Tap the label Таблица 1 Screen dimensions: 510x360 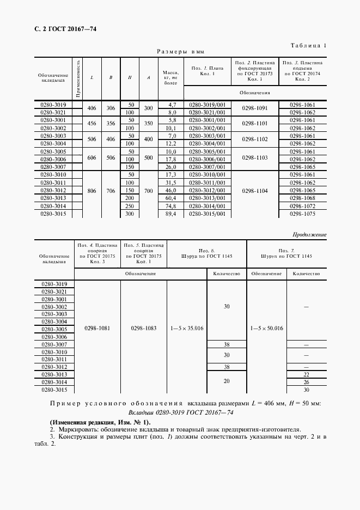coord(309,46)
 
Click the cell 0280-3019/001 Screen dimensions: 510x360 coord(206,104)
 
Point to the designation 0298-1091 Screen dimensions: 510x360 coord(255,108)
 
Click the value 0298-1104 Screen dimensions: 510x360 coord(255,191)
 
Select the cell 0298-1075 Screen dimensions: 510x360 coord(302,214)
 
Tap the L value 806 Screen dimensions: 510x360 coord(91,191)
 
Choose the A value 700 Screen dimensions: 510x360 coord(148,191)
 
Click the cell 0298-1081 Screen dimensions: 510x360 coord(97,329)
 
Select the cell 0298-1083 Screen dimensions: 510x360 coord(144,329)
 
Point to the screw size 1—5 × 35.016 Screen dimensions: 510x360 coord(187,329)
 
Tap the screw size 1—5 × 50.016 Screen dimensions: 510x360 coord(266,329)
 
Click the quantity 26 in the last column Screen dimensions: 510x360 coord(306,382)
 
